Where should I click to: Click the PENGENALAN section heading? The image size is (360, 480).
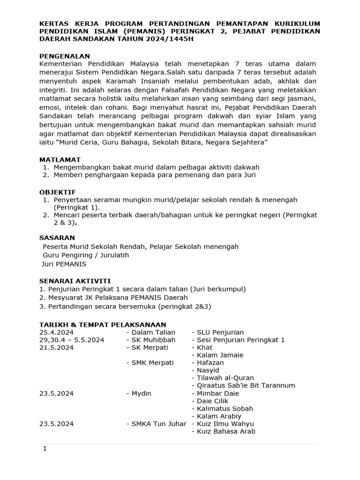(x=65, y=56)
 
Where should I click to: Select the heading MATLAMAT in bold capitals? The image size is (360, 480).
(x=60, y=159)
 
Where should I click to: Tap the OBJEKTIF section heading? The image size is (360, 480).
(x=58, y=192)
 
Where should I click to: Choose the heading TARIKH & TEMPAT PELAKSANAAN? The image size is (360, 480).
(x=102, y=325)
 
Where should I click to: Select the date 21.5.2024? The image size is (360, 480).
(x=56, y=347)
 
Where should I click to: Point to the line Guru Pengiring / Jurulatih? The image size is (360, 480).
(x=86, y=255)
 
